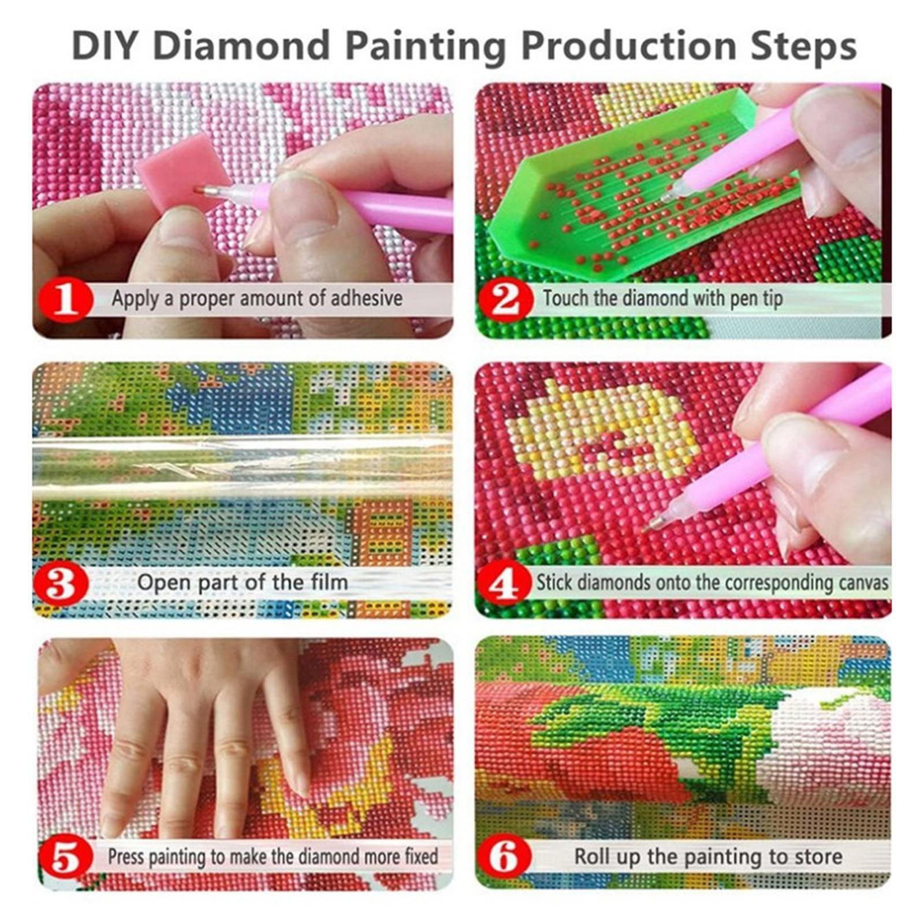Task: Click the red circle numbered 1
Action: point(66,299)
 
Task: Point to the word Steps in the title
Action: point(803,46)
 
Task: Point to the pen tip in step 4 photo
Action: point(649,526)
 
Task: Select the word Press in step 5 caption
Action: point(126,856)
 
